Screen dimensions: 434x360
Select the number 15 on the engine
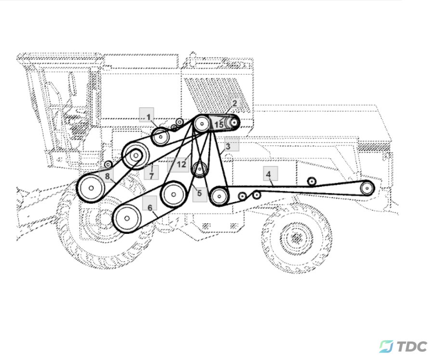tap(219, 125)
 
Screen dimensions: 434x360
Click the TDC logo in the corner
tap(403, 347)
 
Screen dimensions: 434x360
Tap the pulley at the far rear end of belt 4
tap(367, 188)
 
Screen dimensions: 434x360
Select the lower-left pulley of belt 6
tap(127, 219)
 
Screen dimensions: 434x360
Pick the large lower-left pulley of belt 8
tap(91, 188)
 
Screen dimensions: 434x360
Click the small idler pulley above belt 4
tap(312, 181)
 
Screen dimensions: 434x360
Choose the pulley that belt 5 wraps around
tap(199, 169)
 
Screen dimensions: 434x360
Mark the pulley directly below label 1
tap(160, 137)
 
